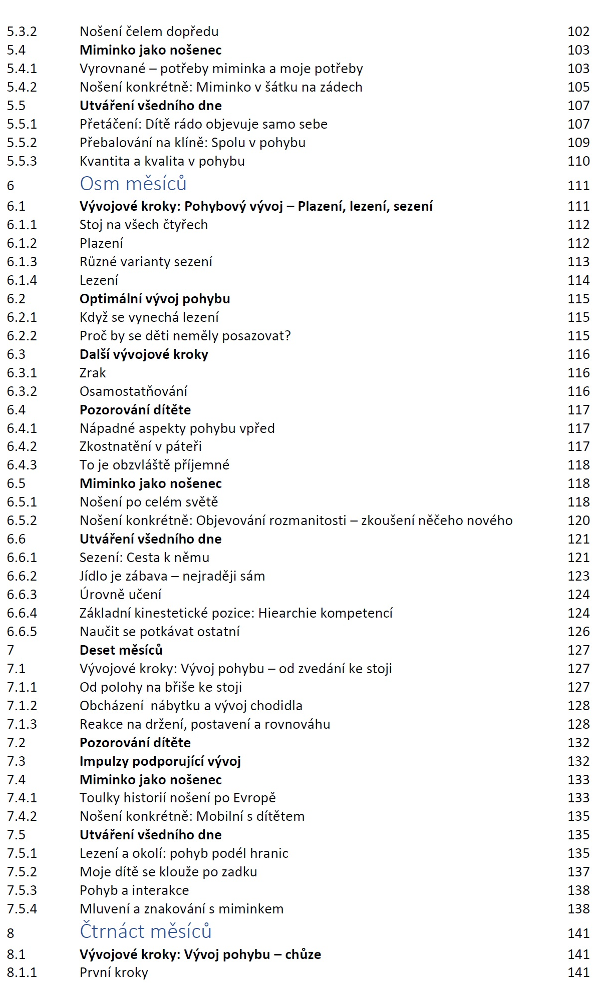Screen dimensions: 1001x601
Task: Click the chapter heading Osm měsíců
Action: point(133,184)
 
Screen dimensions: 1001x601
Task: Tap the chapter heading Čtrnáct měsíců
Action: point(145,931)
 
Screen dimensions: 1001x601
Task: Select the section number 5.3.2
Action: point(22,32)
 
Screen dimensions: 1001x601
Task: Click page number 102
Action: point(578,32)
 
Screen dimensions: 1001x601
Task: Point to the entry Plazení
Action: point(101,243)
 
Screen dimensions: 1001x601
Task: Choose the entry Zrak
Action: point(93,373)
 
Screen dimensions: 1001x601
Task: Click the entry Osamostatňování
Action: point(133,391)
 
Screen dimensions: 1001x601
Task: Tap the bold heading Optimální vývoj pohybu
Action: point(155,299)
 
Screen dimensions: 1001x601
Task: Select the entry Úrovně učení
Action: point(120,595)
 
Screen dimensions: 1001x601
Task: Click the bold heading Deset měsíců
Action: point(121,650)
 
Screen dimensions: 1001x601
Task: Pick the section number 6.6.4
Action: point(22,613)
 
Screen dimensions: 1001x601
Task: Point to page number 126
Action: point(578,632)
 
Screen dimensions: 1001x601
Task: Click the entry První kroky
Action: point(114,972)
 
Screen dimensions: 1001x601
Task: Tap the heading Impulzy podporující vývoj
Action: point(160,761)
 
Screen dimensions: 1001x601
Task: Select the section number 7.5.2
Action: point(22,872)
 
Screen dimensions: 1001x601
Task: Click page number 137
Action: point(578,872)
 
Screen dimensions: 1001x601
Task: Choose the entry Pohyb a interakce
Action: point(134,890)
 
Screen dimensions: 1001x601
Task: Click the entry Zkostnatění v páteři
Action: point(140,446)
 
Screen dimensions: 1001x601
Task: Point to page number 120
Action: point(578,521)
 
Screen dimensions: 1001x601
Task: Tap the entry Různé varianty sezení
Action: point(146,262)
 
